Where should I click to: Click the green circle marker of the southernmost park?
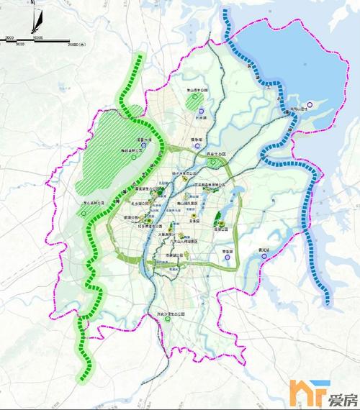168,323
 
